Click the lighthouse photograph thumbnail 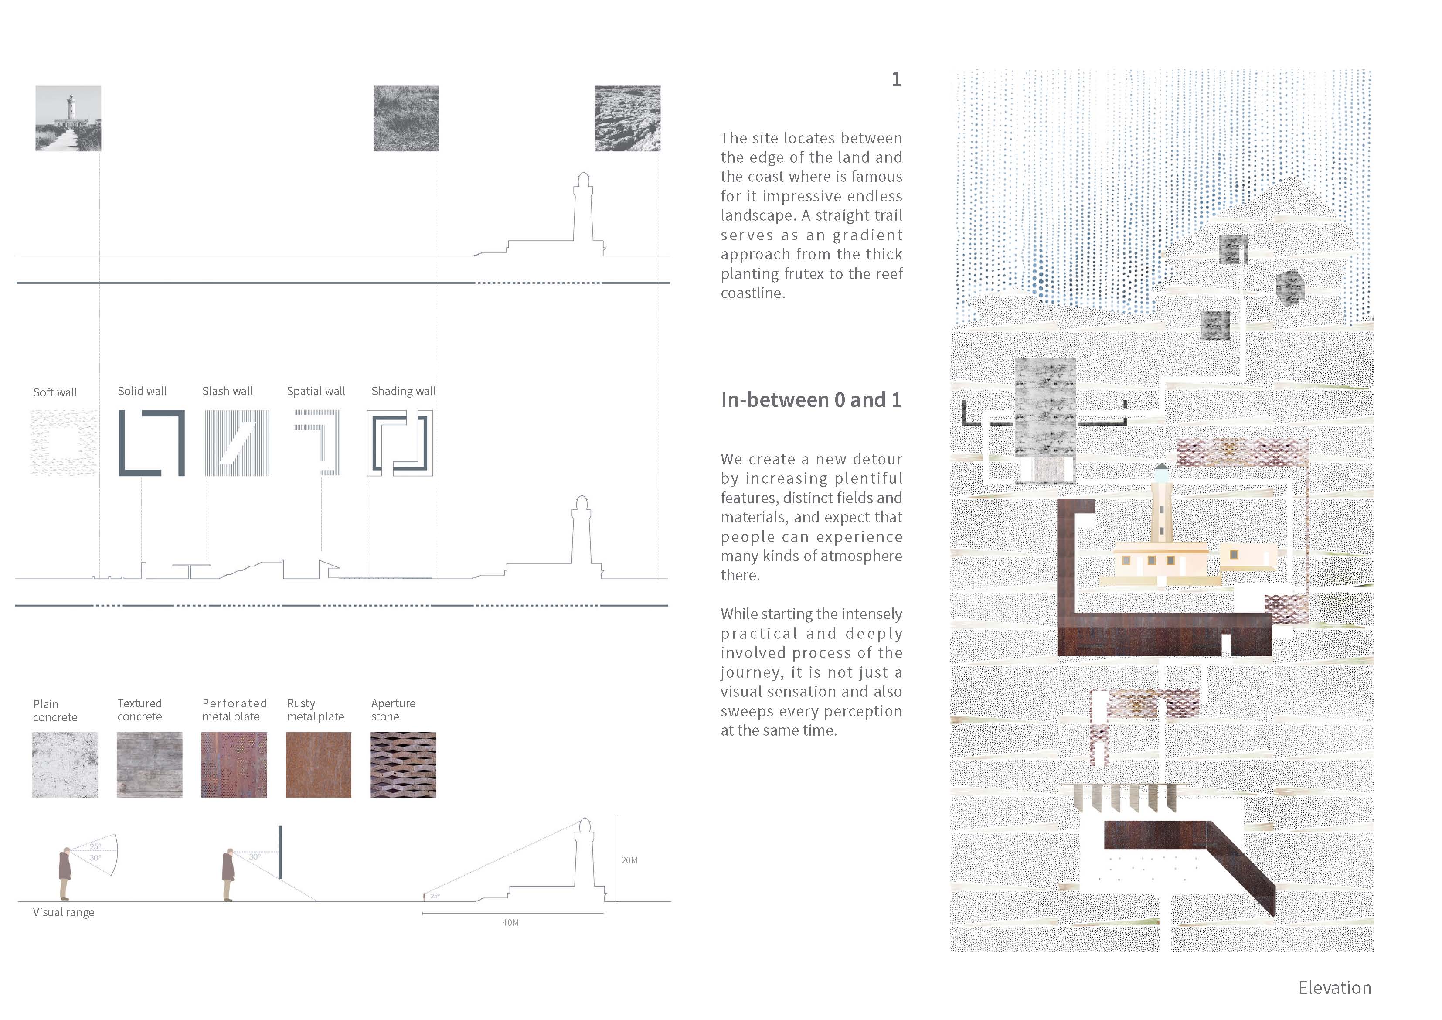click(68, 118)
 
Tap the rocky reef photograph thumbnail click(627, 118)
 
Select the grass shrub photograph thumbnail click(406, 118)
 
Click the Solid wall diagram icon click(151, 443)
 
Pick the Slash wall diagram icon click(237, 443)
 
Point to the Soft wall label click(55, 392)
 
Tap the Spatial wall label click(316, 391)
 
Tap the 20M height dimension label click(629, 860)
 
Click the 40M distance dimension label click(510, 923)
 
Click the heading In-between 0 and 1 click(811, 400)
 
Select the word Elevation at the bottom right click(1335, 988)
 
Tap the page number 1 click(896, 79)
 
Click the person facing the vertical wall click(228, 875)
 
